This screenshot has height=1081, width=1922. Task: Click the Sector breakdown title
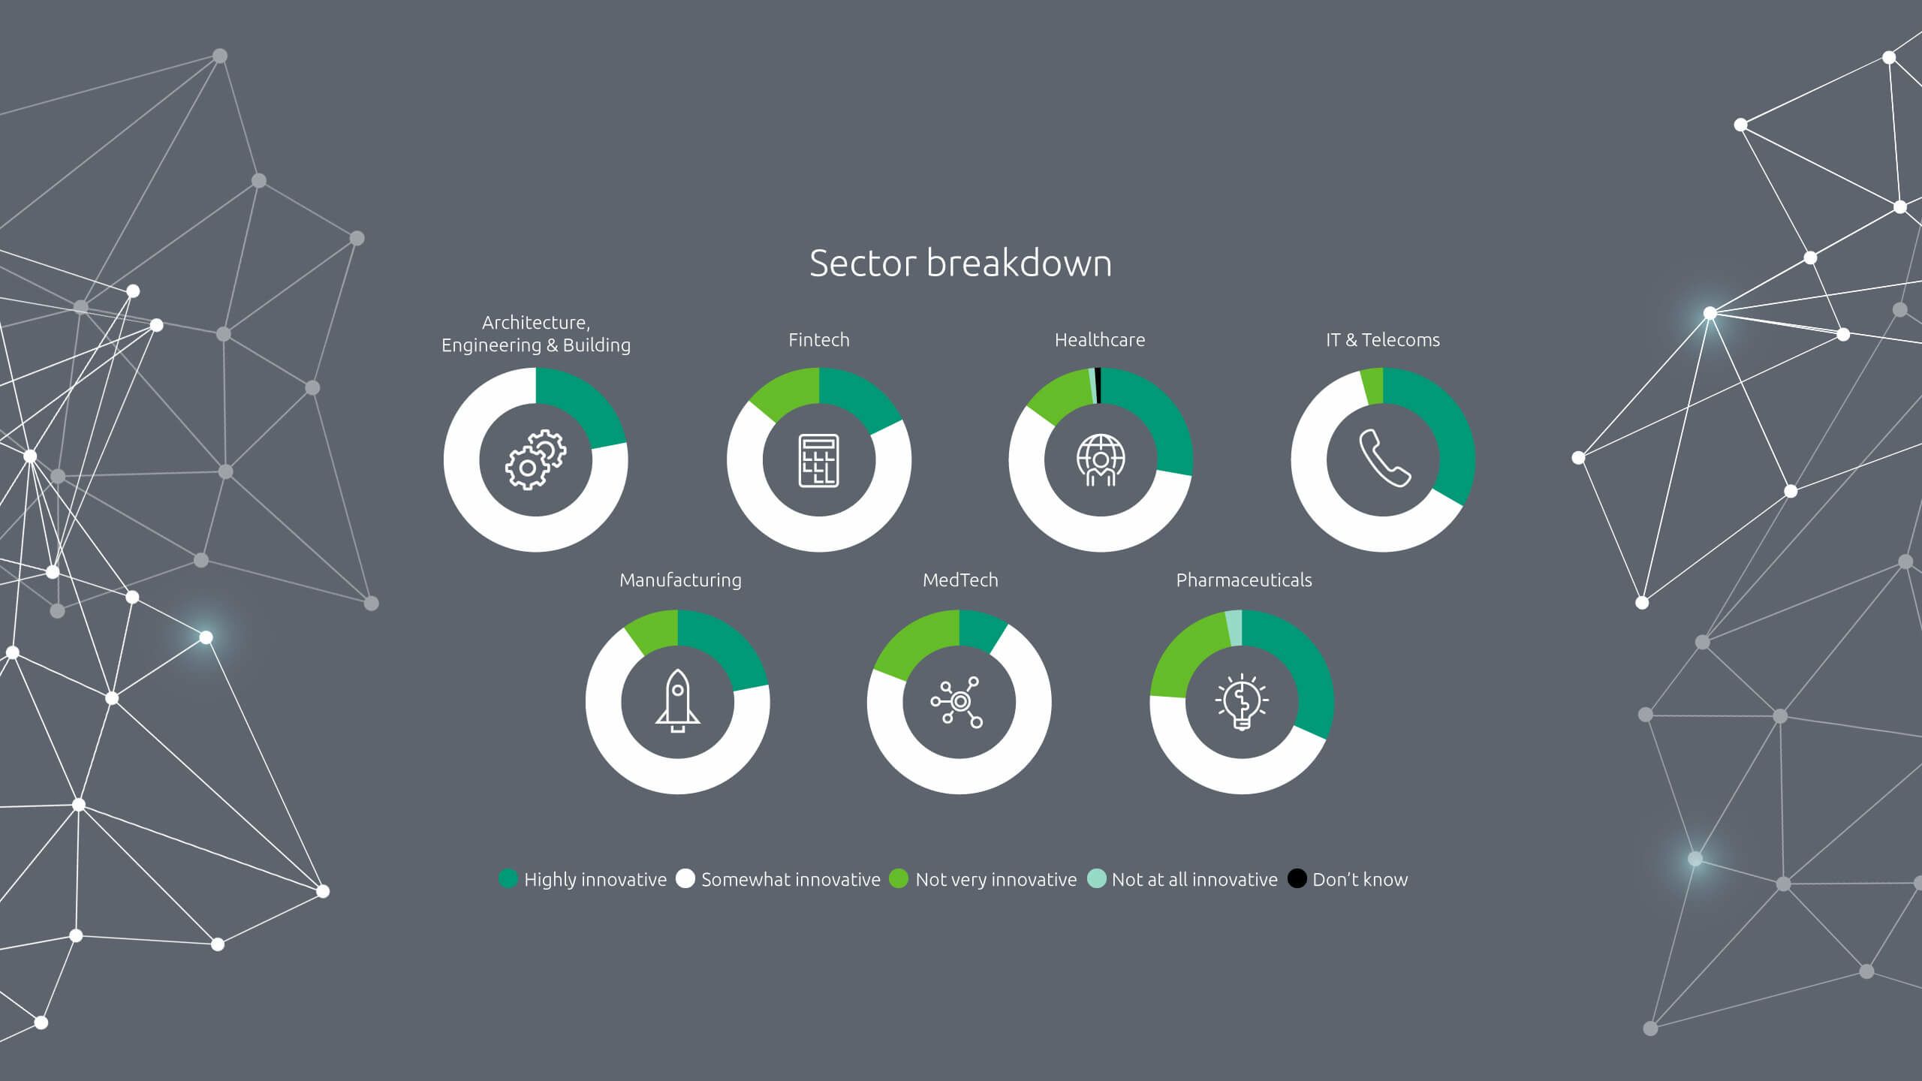coord(960,263)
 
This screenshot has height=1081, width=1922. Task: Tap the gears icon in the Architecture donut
coord(536,459)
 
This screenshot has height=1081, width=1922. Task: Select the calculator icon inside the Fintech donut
coord(818,460)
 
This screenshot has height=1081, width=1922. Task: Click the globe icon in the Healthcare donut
coord(1101,460)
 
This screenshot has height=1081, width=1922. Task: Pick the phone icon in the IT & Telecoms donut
coord(1384,459)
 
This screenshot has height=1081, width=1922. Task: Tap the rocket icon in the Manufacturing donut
coord(677,701)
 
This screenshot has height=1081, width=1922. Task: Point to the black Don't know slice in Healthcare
coord(1098,385)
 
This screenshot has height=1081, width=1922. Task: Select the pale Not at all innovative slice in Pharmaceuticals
coord(1234,628)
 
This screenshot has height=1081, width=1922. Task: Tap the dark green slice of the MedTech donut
coord(982,631)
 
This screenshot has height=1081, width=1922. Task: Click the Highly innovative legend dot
coord(508,878)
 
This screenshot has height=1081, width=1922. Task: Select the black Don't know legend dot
coord(1297,878)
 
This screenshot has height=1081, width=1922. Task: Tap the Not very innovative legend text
coord(996,880)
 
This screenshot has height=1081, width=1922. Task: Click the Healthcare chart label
coord(1100,340)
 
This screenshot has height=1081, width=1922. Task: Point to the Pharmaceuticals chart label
coord(1243,580)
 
